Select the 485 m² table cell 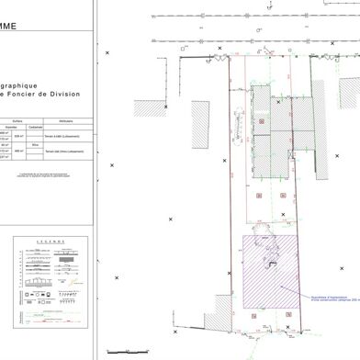[x=36, y=150]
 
